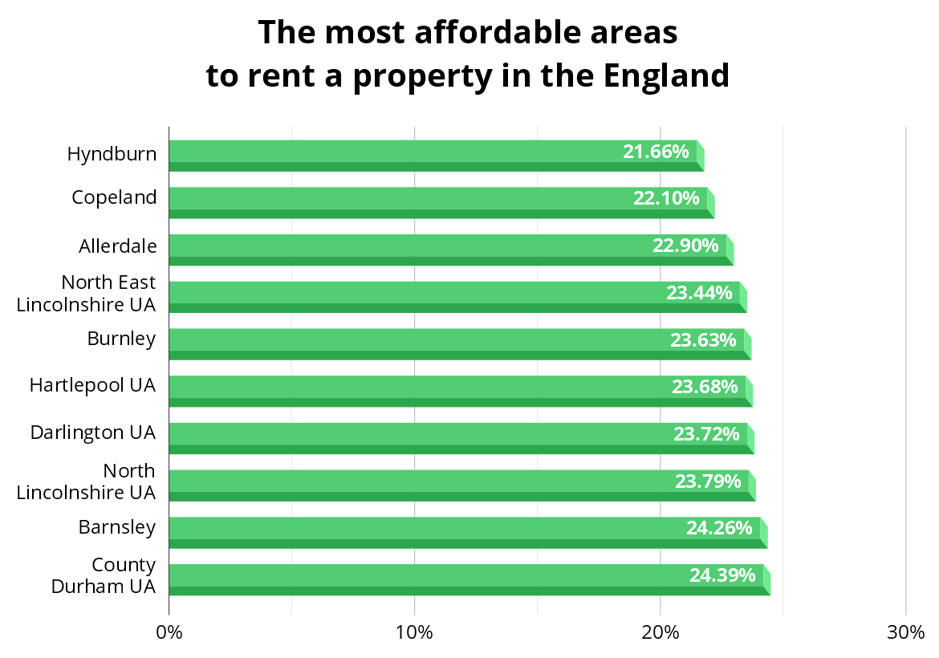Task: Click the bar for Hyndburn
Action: point(433,155)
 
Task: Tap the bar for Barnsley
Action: point(465,532)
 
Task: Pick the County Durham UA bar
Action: point(467,579)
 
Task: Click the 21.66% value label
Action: point(656,151)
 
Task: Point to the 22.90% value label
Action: point(685,246)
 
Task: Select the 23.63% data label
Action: point(703,339)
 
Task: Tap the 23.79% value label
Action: point(708,481)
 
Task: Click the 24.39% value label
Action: point(722,575)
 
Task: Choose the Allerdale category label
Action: point(117,246)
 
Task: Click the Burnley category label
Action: point(121,339)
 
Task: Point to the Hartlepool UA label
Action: point(92,385)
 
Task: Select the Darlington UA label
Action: point(92,433)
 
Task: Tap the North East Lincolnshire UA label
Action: point(86,294)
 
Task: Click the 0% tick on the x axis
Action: point(169,632)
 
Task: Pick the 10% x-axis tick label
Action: point(414,632)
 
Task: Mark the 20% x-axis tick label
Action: point(660,632)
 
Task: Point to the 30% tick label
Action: point(905,632)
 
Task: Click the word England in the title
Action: point(666,76)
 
